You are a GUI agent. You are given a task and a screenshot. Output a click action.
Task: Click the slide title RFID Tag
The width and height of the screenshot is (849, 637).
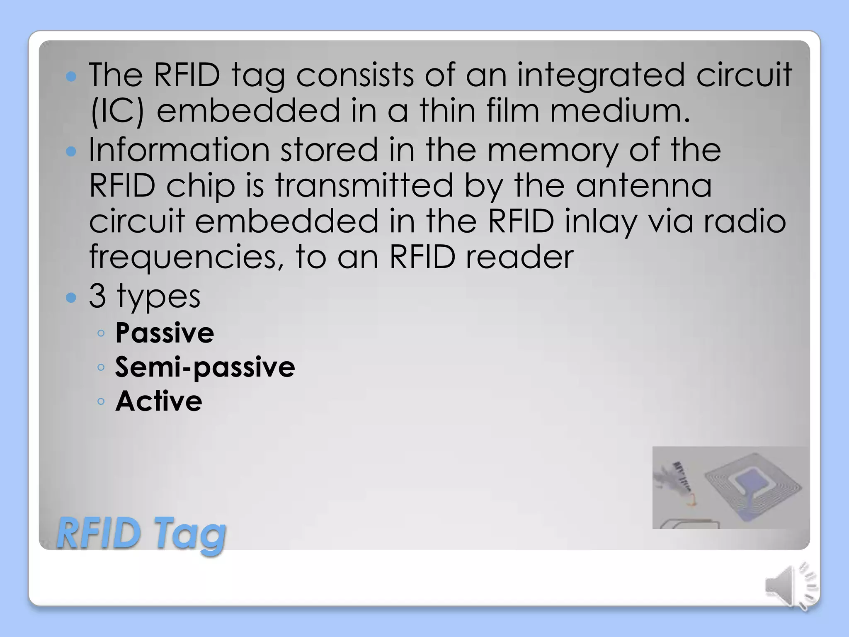point(141,533)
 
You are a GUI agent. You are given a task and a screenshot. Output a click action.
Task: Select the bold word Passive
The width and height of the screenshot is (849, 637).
point(165,333)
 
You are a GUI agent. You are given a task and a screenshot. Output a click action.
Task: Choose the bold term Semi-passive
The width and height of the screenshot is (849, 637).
point(205,367)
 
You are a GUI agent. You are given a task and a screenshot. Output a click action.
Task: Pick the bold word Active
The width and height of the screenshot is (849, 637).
point(159,401)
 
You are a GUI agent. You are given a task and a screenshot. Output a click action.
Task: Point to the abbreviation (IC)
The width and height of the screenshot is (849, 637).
point(117,110)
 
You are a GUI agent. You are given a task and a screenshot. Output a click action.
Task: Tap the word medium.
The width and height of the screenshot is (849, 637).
point(619,110)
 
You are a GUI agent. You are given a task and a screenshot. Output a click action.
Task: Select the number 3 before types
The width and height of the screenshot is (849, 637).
point(97,296)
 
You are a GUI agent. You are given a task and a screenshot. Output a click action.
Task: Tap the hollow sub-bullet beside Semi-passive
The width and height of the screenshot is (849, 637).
point(101,367)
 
